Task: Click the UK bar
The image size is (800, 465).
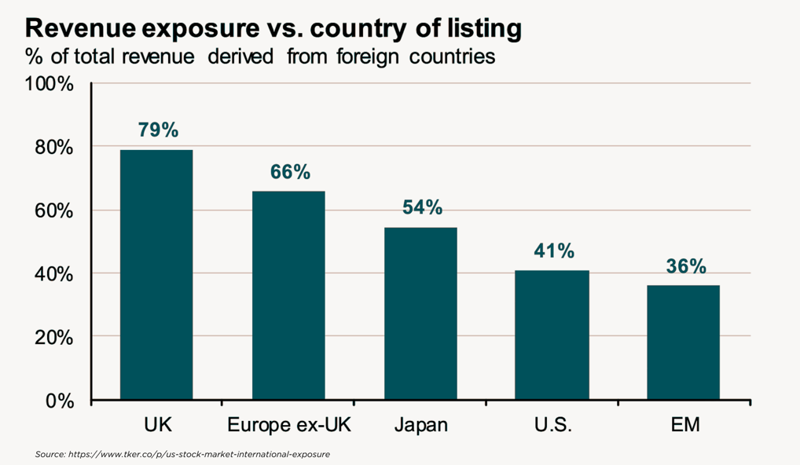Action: [156, 275]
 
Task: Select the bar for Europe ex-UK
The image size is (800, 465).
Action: [288, 295]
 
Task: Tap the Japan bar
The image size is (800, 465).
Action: [420, 314]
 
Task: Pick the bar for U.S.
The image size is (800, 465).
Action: [552, 335]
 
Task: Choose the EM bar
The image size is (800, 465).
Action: [683, 342]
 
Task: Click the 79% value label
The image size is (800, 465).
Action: [158, 130]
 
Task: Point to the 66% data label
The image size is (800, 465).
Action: [290, 172]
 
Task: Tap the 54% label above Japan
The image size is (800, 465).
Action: [423, 207]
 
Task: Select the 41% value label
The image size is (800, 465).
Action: [554, 251]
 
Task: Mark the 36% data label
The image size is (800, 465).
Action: [686, 266]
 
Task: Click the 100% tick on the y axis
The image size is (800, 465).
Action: [49, 84]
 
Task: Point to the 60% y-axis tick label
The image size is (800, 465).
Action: [54, 211]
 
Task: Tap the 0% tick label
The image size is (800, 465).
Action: [60, 401]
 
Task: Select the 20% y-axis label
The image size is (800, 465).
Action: [54, 338]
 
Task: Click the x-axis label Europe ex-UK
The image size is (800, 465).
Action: [289, 425]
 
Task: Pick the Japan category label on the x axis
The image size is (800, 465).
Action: [421, 425]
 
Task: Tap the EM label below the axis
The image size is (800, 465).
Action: [685, 425]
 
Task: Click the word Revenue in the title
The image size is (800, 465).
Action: [79, 27]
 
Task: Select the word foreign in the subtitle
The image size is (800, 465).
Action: [367, 57]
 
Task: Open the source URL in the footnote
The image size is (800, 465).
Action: [199, 454]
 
